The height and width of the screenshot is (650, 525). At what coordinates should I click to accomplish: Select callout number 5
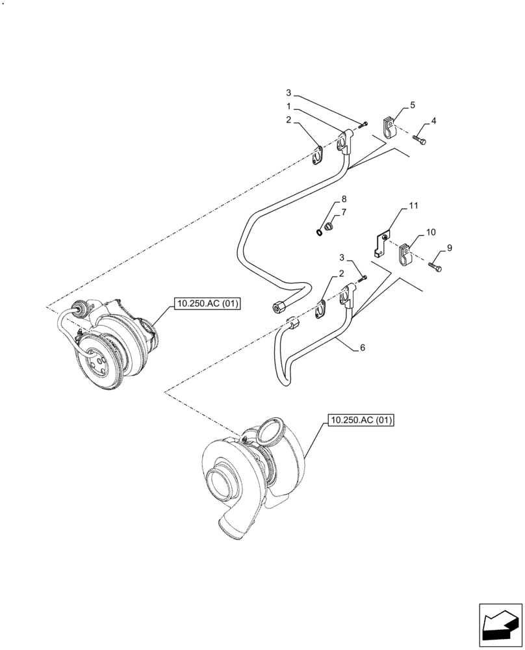click(x=412, y=105)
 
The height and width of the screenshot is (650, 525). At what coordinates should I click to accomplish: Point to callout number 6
click(x=363, y=348)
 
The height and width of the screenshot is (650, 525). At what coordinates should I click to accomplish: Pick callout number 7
click(x=344, y=212)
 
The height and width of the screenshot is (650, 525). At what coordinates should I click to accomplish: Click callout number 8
click(x=344, y=199)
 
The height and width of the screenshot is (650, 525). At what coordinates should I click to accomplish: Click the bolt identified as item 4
click(x=421, y=140)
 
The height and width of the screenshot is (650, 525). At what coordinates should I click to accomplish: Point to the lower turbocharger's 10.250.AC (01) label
click(x=361, y=421)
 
